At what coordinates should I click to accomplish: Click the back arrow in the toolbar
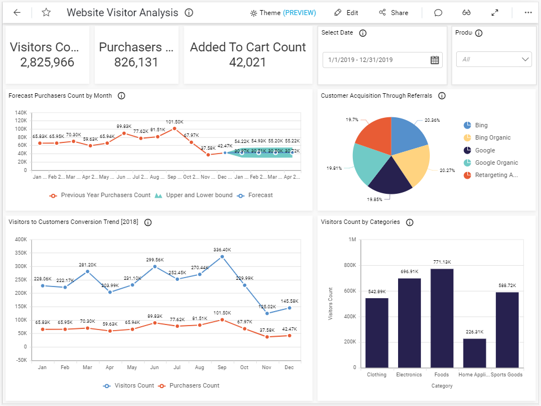click(17, 12)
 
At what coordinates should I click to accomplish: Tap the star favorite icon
click(46, 12)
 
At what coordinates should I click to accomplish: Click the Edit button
click(346, 12)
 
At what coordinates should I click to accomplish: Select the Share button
click(394, 12)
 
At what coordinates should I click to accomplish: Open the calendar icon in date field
click(434, 60)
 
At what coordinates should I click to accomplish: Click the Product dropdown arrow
click(525, 59)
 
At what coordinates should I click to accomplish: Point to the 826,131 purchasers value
click(136, 62)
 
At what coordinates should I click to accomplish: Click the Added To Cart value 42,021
click(247, 62)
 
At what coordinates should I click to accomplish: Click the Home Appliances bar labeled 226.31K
click(474, 353)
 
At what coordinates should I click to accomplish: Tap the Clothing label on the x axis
click(377, 375)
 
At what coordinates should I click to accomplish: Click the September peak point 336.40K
click(222, 257)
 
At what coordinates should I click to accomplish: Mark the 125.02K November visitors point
click(267, 313)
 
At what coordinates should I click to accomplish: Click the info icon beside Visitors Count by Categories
click(409, 222)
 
